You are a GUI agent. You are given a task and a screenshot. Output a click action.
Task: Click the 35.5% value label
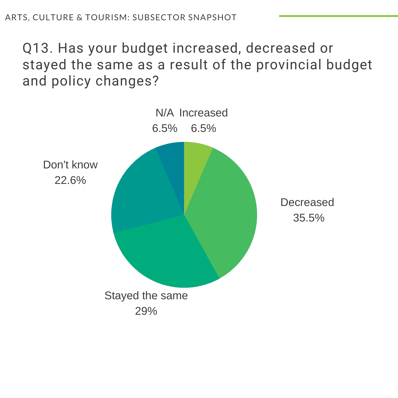click(x=308, y=218)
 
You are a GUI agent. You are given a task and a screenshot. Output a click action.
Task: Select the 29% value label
click(x=146, y=311)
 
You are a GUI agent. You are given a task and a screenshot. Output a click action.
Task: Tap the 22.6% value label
click(x=70, y=181)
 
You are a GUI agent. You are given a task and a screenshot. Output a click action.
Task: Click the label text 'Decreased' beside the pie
click(x=307, y=202)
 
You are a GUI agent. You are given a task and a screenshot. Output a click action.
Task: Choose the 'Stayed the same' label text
click(x=146, y=296)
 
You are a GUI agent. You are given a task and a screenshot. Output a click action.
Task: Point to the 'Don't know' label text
click(x=70, y=165)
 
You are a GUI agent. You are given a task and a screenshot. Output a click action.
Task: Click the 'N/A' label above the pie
click(x=165, y=113)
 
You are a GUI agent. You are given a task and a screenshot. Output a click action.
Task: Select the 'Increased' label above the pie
click(x=203, y=113)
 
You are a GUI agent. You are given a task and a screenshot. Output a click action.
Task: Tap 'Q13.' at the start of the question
click(x=38, y=48)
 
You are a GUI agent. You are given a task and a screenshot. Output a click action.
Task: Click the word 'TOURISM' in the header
click(x=105, y=17)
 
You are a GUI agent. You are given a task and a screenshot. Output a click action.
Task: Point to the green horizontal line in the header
click(x=338, y=16)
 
